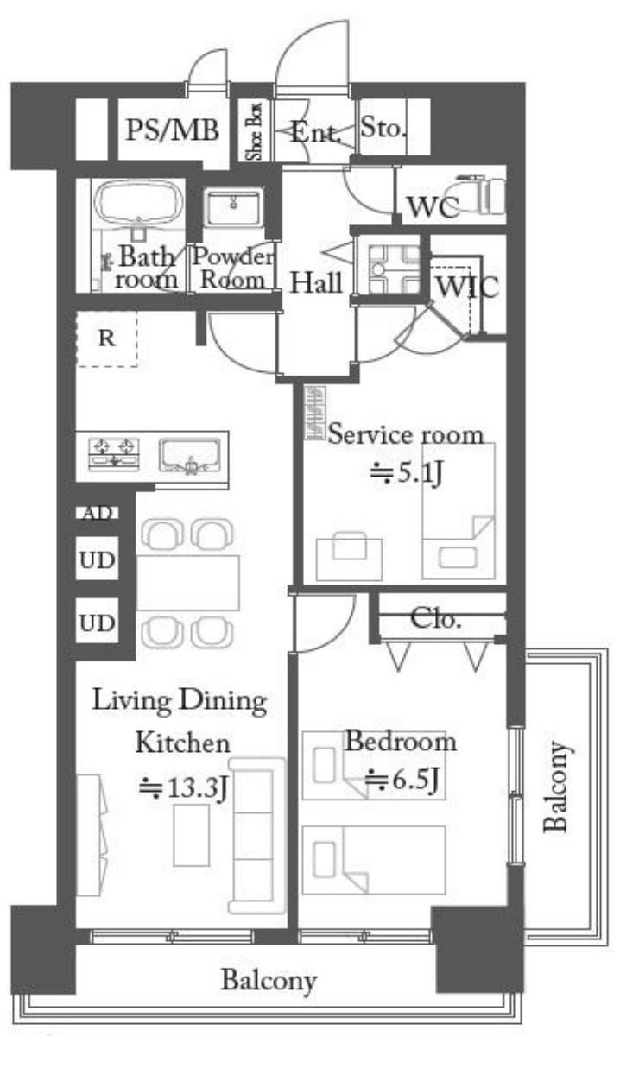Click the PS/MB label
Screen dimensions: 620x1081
tap(172, 130)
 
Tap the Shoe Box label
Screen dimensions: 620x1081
tap(254, 130)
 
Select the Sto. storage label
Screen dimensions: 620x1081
tap(383, 128)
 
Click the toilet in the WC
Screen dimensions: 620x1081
tap(481, 196)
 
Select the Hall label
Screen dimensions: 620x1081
tap(317, 282)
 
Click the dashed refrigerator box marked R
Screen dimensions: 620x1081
tap(106, 338)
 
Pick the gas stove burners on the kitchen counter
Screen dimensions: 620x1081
tap(114, 453)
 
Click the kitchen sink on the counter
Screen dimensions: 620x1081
tap(190, 455)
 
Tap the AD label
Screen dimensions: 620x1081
tap(98, 513)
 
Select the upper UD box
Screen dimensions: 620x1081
tap(97, 559)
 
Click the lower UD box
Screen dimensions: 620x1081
tap(97, 622)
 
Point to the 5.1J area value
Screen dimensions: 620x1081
tap(406, 473)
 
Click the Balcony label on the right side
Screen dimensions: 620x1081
tap(556, 787)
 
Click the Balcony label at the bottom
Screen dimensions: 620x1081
tap(269, 981)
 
